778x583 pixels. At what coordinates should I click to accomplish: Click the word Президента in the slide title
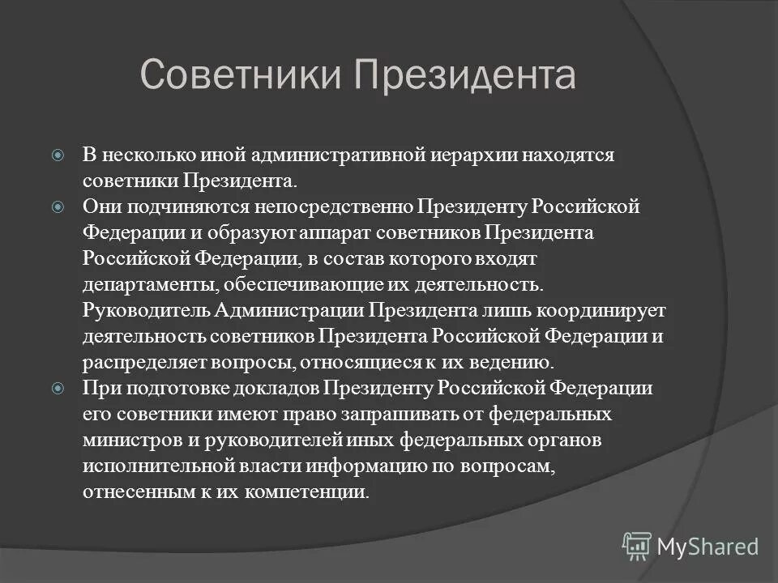coord(464,74)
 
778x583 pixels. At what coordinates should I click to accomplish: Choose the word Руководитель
coord(147,311)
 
